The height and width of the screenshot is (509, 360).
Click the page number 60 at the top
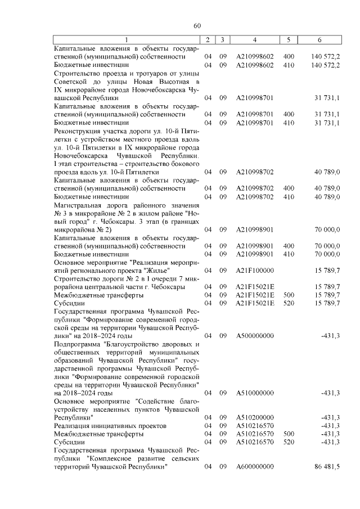197,25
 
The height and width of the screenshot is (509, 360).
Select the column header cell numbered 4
255,40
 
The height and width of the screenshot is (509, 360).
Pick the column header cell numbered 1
127,40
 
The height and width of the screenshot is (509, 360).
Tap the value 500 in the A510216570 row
289,434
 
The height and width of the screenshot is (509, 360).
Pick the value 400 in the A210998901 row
289,246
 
